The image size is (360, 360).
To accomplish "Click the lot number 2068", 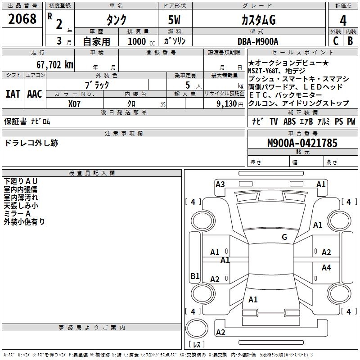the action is [x=22, y=19].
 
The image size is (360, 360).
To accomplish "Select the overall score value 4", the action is [x=343, y=21].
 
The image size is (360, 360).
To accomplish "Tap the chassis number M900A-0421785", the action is [x=302, y=143].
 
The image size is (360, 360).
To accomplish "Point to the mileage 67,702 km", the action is [x=52, y=64].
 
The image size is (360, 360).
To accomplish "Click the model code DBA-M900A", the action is [x=258, y=41].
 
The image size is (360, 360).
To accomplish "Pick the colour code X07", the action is [x=75, y=103].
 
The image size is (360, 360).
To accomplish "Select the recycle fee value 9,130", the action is [x=227, y=103].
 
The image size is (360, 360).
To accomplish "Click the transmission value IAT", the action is [x=13, y=94].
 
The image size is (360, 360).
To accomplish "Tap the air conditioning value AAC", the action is [x=34, y=94].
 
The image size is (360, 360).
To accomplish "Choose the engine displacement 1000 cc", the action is [x=139, y=41].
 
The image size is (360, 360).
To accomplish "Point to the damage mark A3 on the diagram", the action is [x=220, y=184].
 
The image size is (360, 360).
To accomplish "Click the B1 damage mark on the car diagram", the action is [x=195, y=276].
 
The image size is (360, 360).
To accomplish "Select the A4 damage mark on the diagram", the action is [x=326, y=268].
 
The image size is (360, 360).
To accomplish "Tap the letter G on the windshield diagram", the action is [x=284, y=237].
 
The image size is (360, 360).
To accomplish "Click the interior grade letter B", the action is [x=350, y=41].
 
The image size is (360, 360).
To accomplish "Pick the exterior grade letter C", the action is [x=336, y=41].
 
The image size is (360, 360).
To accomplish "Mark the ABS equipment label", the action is [x=289, y=121].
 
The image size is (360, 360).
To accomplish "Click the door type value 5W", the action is [x=175, y=20].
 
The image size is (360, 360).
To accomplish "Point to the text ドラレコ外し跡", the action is [x=31, y=143].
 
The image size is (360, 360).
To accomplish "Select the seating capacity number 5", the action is [x=187, y=85].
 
